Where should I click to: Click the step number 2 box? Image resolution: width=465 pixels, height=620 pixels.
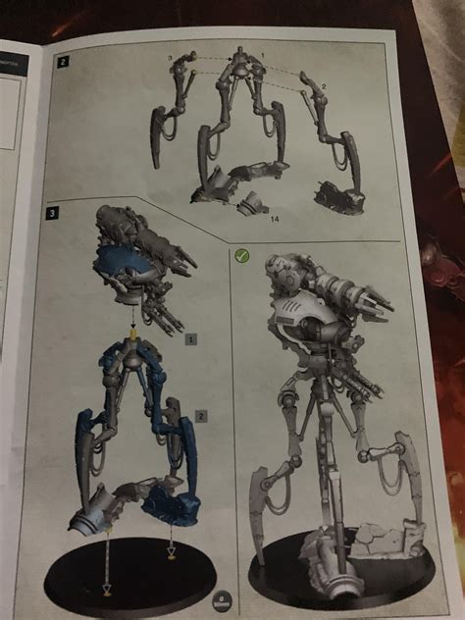[x=64, y=62]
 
